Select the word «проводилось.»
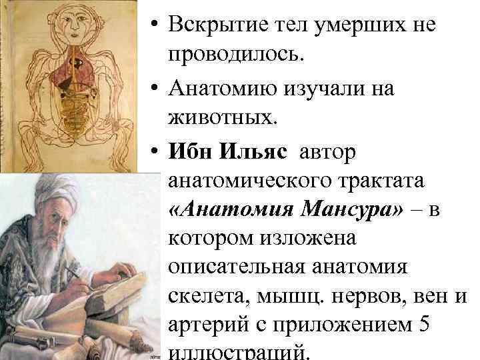click(237, 56)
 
